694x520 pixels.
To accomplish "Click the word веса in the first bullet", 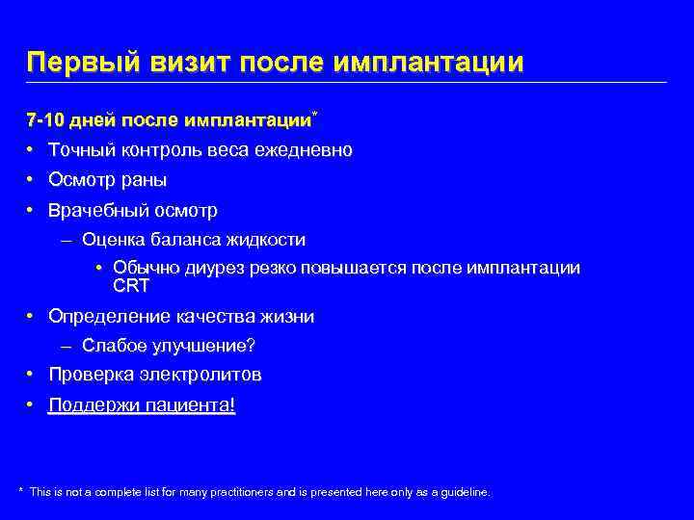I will point(229,150).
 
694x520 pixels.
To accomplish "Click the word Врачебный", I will point(93,210).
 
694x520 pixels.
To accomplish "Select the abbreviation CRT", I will point(131,285).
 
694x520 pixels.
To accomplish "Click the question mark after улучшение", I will point(263,346).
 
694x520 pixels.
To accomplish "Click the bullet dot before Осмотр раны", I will point(31,180).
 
